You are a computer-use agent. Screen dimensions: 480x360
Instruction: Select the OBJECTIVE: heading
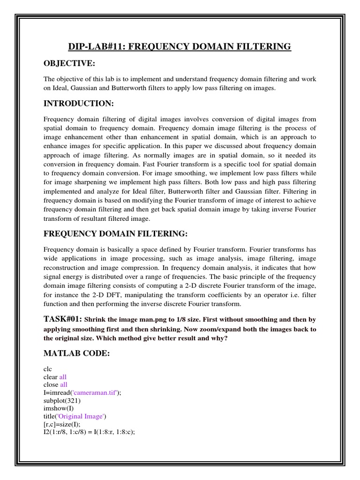click(69, 63)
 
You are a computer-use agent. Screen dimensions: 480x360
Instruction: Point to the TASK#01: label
click(63, 319)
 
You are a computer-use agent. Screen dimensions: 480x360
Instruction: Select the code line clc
click(48, 369)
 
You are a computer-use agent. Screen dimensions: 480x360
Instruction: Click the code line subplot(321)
click(59, 401)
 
